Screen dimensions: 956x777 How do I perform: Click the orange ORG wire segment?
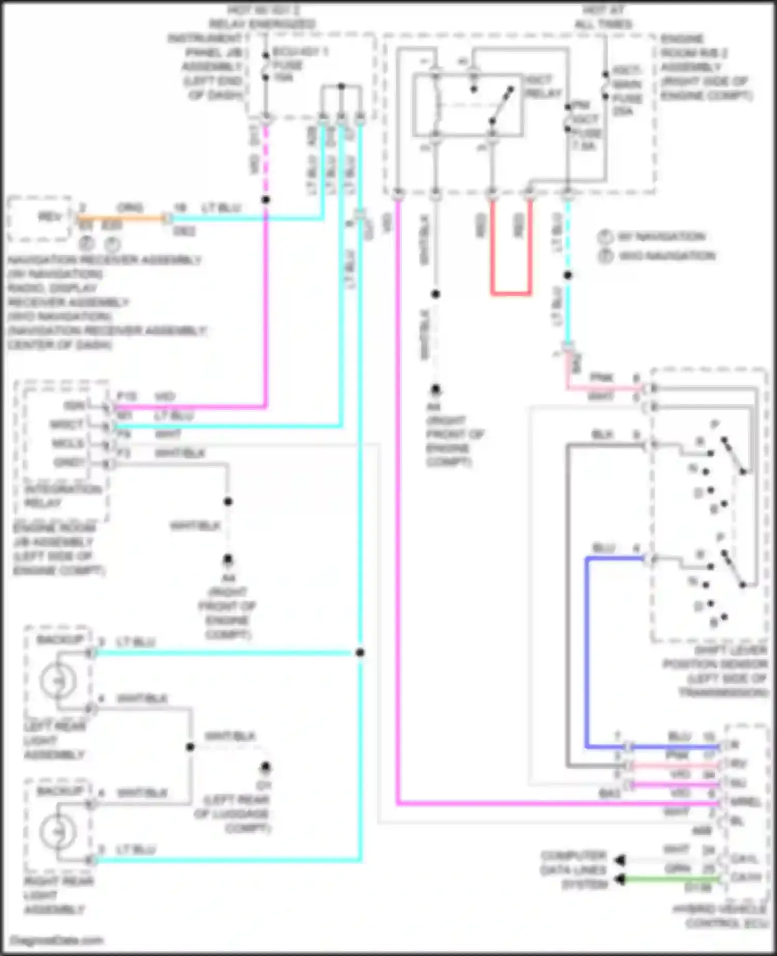pyautogui.click(x=122, y=219)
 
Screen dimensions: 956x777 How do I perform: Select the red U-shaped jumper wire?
pyautogui.click(x=511, y=293)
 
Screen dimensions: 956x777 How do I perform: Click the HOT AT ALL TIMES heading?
pyautogui.click(x=603, y=17)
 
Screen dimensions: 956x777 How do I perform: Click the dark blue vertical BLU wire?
pyautogui.click(x=586, y=653)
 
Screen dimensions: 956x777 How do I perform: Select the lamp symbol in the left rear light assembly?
pyautogui.click(x=59, y=681)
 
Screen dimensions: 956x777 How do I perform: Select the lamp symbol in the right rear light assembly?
pyautogui.click(x=59, y=832)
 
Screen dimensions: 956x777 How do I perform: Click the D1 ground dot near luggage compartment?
pyautogui.click(x=265, y=766)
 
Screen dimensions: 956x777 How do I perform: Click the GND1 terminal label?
pyautogui.click(x=68, y=462)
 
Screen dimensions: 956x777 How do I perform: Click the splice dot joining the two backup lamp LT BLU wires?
pyautogui.click(x=360, y=653)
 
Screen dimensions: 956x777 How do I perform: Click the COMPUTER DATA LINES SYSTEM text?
pyautogui.click(x=573, y=870)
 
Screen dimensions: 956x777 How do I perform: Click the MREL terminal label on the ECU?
pyautogui.click(x=745, y=803)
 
